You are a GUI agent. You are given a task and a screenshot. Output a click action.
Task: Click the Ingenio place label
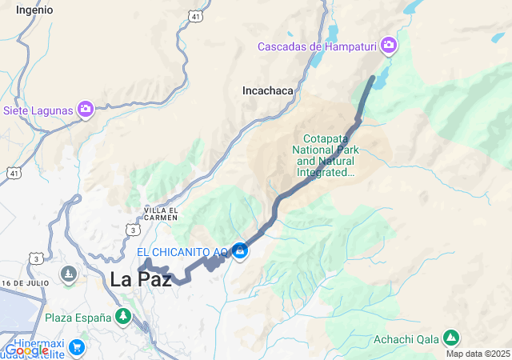pyautogui.click(x=34, y=10)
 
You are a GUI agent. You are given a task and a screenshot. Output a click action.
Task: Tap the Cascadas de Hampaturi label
pyautogui.click(x=317, y=46)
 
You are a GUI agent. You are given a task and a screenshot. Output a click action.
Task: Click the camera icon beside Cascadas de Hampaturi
pyautogui.click(x=389, y=45)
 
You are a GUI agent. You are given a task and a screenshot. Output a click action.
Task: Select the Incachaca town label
pyautogui.click(x=268, y=91)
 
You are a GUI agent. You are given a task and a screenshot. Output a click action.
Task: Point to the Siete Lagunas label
pyautogui.click(x=38, y=110)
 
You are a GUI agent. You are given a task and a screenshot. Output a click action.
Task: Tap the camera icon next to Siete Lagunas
pyautogui.click(x=86, y=109)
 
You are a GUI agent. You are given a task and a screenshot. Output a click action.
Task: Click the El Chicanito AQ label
pyautogui.click(x=183, y=252)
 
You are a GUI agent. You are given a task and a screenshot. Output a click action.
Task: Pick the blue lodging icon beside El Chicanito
pyautogui.click(x=239, y=251)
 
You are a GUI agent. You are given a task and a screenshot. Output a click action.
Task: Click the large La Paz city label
pyautogui.click(x=141, y=279)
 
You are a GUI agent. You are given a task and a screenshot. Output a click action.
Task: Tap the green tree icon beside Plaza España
pyautogui.click(x=122, y=318)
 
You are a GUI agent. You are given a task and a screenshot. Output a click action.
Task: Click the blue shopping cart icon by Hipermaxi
pyautogui.click(x=77, y=346)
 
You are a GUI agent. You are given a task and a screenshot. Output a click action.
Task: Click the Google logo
pyautogui.click(x=27, y=350)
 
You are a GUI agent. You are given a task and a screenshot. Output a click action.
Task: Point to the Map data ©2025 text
pyautogui.click(x=478, y=354)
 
